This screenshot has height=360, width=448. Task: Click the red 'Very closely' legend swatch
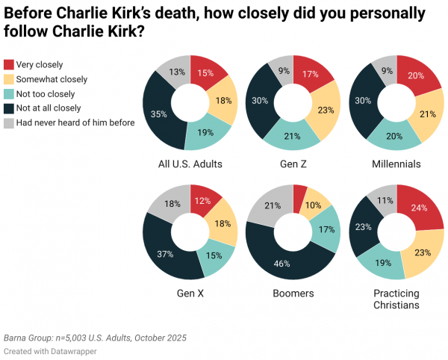9,65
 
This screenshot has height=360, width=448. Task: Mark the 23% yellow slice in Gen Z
326,111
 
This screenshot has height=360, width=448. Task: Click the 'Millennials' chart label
396,164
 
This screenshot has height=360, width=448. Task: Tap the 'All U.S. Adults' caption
190,164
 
